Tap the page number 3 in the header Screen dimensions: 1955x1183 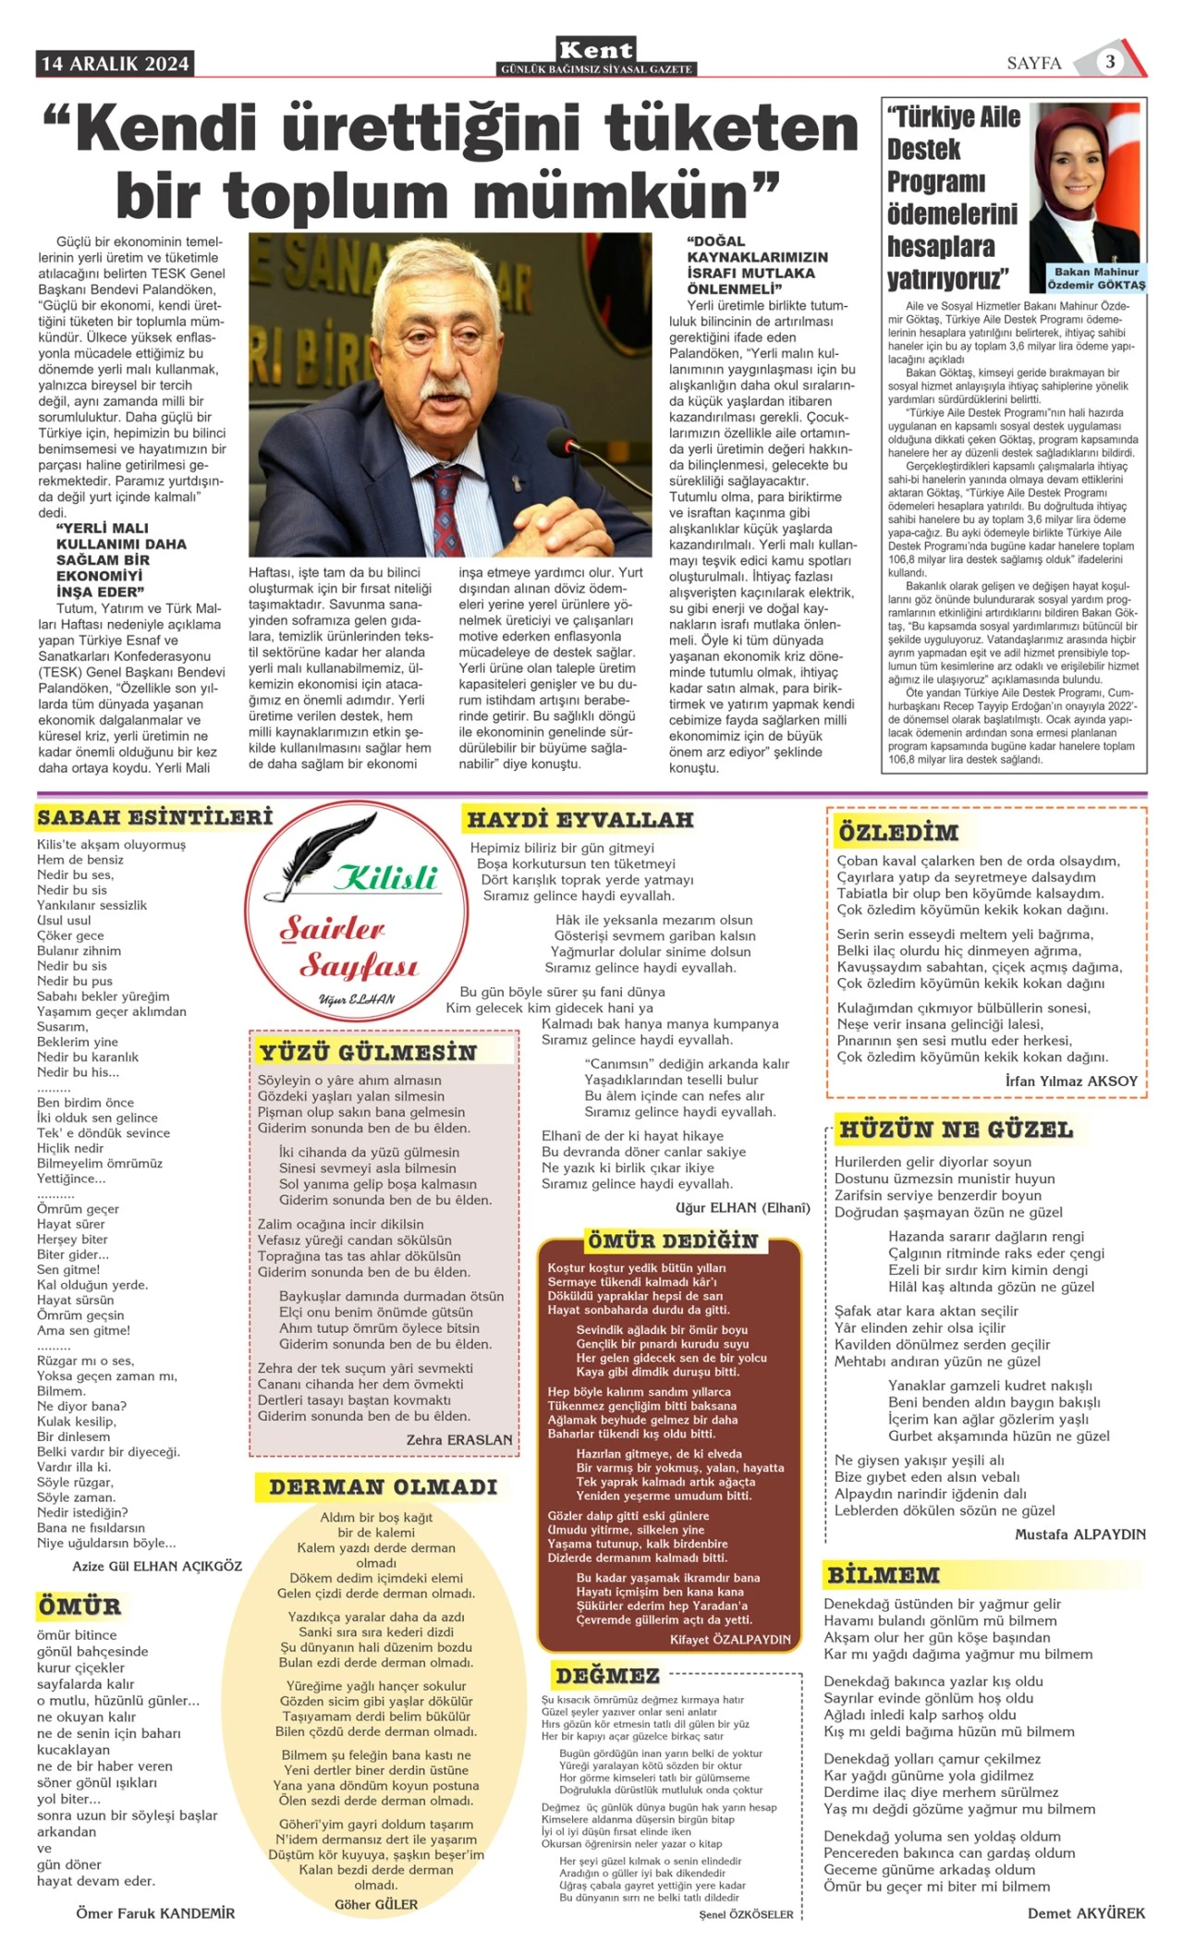(1110, 62)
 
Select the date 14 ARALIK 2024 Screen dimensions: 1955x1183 (116, 64)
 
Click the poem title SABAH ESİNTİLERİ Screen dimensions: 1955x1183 (155, 818)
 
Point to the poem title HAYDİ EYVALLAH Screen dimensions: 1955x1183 (580, 820)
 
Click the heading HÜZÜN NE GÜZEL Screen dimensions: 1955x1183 (956, 1130)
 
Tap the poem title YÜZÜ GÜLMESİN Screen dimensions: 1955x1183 (368, 1052)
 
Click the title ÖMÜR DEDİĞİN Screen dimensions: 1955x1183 (673, 1241)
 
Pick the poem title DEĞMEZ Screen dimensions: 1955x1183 (607, 1676)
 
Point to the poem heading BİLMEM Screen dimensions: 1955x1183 (883, 1575)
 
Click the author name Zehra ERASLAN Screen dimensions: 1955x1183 (459, 1440)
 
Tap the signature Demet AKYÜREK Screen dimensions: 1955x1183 (1086, 1912)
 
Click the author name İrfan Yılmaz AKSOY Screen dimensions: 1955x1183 (1071, 1081)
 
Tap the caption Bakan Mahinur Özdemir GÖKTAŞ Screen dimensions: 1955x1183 (1096, 278)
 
